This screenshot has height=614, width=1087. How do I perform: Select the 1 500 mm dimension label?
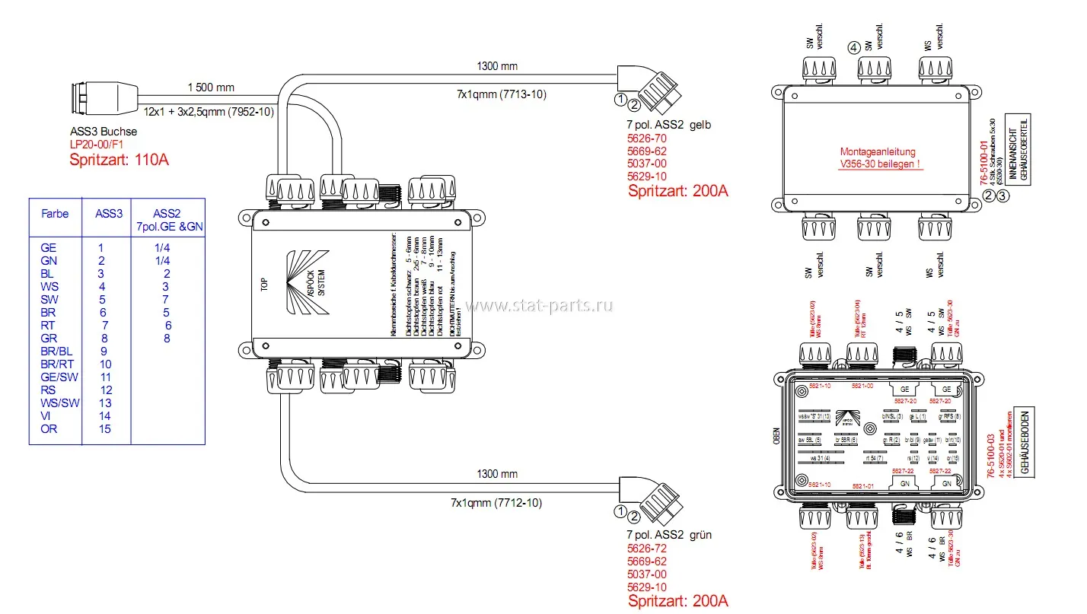tap(212, 87)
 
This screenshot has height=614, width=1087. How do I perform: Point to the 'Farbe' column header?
tap(55, 214)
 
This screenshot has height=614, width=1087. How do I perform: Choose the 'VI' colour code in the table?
tap(46, 416)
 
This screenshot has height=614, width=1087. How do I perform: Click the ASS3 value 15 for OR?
tap(105, 429)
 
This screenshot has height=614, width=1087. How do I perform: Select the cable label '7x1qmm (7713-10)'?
tap(501, 94)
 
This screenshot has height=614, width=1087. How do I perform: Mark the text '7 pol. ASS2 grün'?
tap(669, 535)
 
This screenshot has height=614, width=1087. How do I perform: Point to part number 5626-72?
tap(646, 549)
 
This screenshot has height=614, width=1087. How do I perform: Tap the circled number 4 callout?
tap(854, 47)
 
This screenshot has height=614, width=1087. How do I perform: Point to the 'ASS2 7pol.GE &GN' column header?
tap(167, 220)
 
